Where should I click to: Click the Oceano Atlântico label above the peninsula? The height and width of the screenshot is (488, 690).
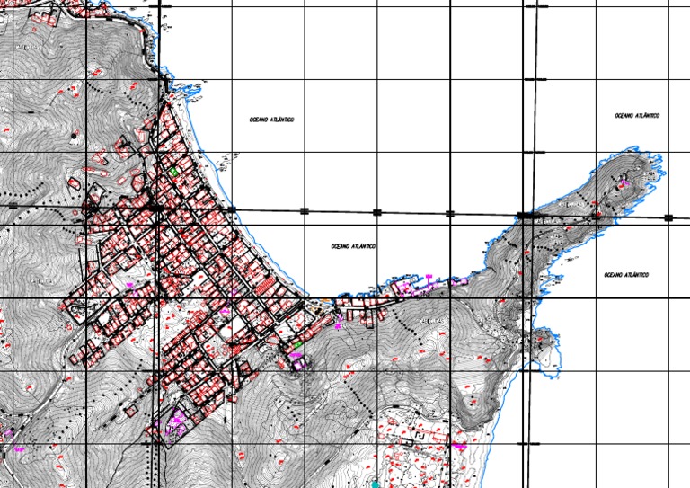click(x=638, y=116)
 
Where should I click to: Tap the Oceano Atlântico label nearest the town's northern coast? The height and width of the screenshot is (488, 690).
click(x=273, y=120)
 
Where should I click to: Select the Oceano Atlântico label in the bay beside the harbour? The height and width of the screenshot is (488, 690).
click(x=353, y=246)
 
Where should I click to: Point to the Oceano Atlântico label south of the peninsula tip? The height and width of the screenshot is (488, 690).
click(x=626, y=274)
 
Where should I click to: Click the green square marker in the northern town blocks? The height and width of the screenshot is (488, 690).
click(x=173, y=171)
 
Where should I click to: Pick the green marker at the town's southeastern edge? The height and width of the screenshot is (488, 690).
click(x=297, y=344)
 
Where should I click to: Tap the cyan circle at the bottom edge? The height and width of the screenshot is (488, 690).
click(x=376, y=484)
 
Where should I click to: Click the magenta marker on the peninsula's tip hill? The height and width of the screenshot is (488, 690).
click(x=623, y=183)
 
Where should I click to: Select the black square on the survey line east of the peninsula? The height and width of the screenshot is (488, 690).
click(x=668, y=217)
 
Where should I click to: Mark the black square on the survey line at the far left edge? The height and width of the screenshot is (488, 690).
click(x=13, y=206)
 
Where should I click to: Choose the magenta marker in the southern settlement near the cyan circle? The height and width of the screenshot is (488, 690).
click(x=460, y=445)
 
